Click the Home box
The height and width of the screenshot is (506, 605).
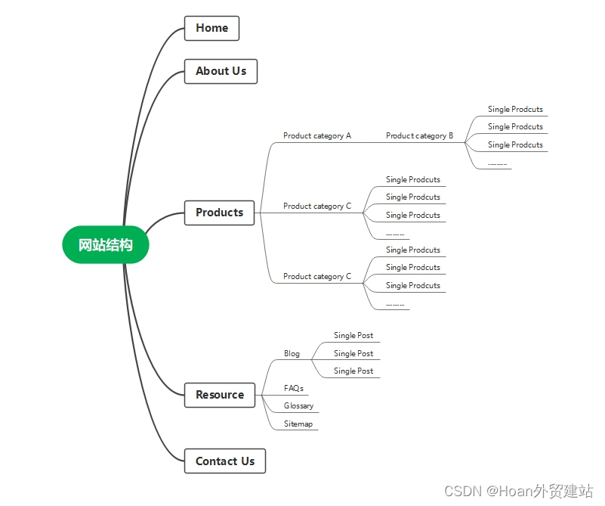coord(211,28)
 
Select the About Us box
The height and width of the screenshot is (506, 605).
coord(221,71)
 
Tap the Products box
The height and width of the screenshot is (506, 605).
coord(219,213)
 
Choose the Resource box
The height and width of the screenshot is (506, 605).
coord(220,395)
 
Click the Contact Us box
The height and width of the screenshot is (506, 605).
coord(225,461)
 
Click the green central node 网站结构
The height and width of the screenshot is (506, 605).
coord(105,245)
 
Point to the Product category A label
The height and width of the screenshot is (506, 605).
coord(317,136)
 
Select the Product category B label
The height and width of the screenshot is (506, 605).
coord(419,136)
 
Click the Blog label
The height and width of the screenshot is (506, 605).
coord(292,354)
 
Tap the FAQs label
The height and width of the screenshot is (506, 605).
coord(294,388)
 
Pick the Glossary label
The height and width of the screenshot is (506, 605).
coord(298,405)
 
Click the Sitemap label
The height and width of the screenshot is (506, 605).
coord(298,424)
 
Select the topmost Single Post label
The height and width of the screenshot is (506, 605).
coord(353,335)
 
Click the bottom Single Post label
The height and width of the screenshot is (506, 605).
coord(353,371)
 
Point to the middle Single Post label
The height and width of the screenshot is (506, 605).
coord(353,353)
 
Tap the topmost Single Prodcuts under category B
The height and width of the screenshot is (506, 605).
coord(515,110)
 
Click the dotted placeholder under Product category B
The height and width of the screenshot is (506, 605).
coord(497,165)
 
